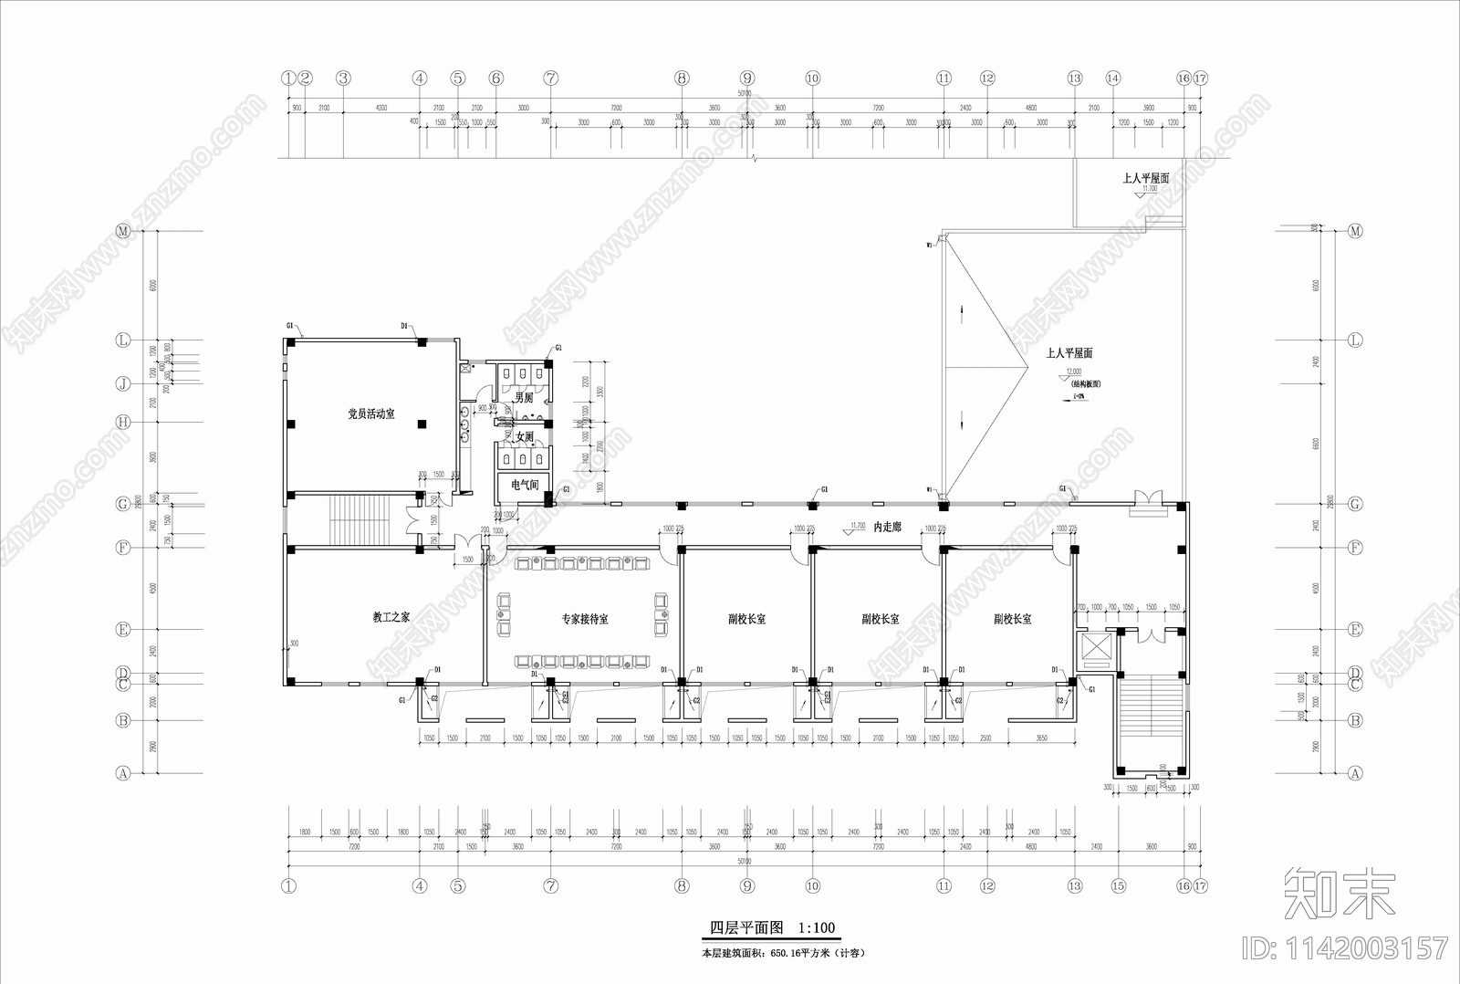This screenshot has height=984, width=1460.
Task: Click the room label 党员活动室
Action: [x=371, y=414]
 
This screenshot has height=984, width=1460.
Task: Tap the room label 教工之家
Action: [x=391, y=618]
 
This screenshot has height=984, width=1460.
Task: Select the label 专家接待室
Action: [x=584, y=620]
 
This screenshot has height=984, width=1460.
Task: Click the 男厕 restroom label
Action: [x=523, y=398]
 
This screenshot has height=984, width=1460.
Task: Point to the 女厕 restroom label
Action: [x=524, y=437]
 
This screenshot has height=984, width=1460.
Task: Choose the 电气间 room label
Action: [x=524, y=485]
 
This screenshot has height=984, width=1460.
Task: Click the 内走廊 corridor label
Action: [x=887, y=528]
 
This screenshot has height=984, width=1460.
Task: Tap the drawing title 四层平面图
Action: [x=746, y=927]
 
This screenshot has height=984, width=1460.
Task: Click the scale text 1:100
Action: [x=817, y=927]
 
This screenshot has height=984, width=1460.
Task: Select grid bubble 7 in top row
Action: [x=551, y=79]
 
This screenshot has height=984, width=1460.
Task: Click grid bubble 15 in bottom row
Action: [x=1119, y=885]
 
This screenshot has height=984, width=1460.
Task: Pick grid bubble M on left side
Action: [x=123, y=232]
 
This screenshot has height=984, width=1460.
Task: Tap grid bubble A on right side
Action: [x=1355, y=773]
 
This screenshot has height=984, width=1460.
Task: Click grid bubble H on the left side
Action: [x=123, y=422]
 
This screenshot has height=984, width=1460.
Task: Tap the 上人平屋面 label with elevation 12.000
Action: [x=1069, y=353]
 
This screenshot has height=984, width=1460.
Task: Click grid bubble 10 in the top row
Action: [x=813, y=79]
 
